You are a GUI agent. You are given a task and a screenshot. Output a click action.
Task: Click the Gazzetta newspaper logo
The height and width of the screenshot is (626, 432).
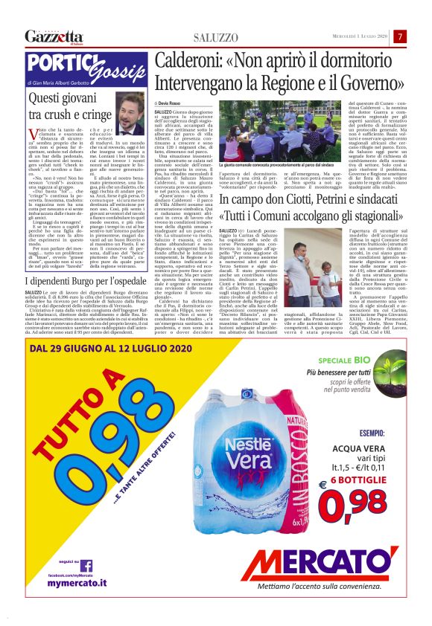coord(53,36)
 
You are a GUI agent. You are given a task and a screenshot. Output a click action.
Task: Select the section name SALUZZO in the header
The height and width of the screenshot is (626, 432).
coord(216,36)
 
